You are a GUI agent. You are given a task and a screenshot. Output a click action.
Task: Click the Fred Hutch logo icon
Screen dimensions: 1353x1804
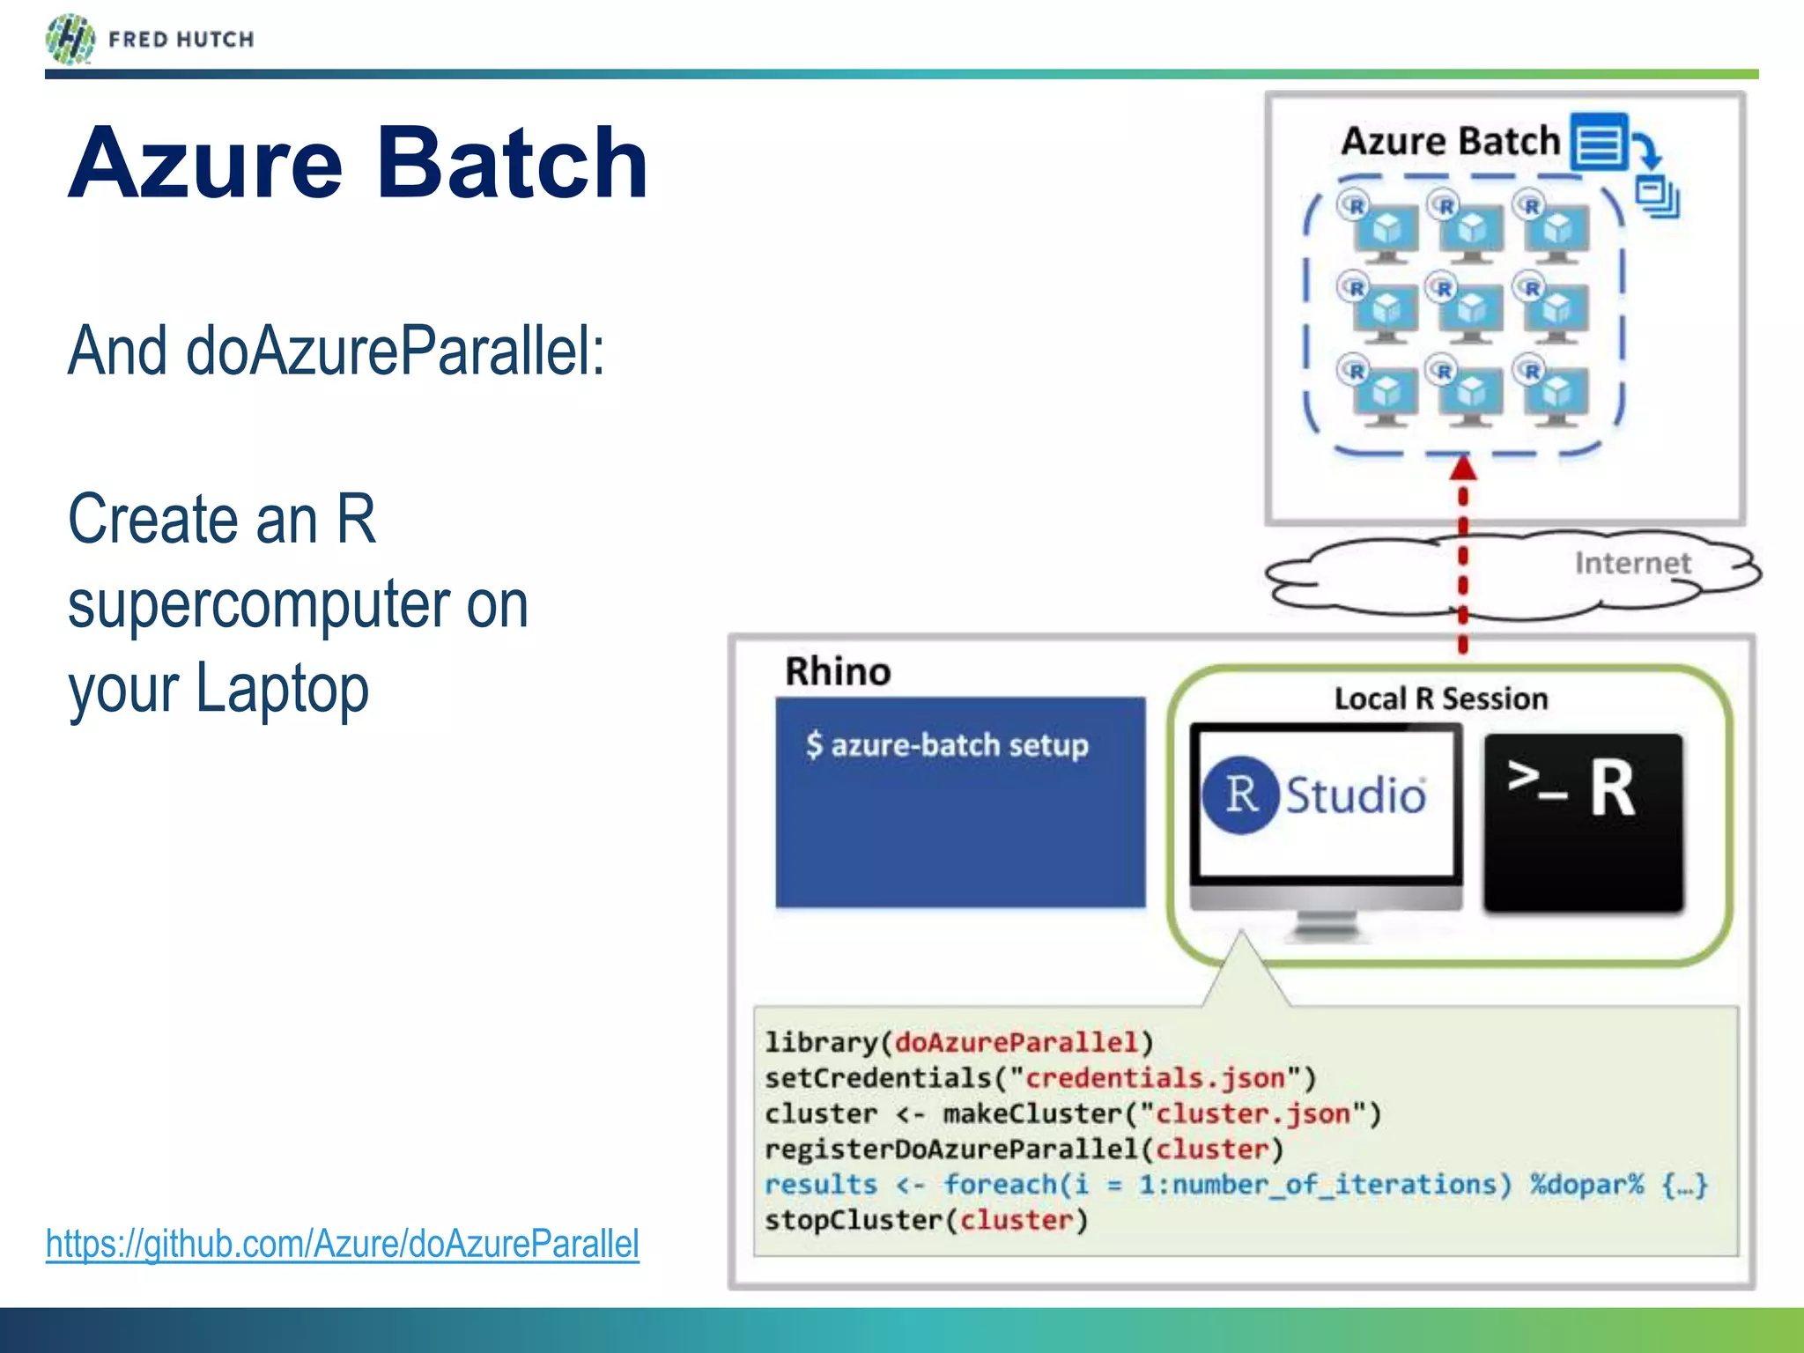pyautogui.click(x=70, y=40)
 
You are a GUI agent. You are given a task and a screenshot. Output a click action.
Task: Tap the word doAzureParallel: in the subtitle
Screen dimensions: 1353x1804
pyautogui.click(x=395, y=351)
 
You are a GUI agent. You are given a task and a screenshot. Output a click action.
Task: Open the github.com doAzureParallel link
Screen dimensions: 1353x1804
pyautogui.click(x=343, y=1244)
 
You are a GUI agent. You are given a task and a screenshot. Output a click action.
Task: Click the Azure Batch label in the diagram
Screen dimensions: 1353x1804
pyautogui.click(x=1449, y=141)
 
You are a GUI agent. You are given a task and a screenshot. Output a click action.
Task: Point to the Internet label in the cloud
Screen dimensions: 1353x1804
pyautogui.click(x=1632, y=563)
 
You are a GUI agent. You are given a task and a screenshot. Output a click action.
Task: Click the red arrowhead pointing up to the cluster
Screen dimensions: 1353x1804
pyautogui.click(x=1463, y=467)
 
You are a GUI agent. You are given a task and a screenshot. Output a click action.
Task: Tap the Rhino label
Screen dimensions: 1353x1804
pyautogui.click(x=838, y=672)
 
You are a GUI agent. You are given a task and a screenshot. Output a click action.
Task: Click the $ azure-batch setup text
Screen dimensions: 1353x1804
pyautogui.click(x=947, y=745)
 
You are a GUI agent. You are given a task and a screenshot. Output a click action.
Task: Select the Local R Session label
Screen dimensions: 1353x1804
pyautogui.click(x=1440, y=699)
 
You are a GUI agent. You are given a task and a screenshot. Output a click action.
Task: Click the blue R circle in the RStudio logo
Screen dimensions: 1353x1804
pyautogui.click(x=1240, y=795)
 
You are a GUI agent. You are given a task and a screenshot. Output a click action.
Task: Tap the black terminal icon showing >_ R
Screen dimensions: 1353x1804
pyautogui.click(x=1583, y=822)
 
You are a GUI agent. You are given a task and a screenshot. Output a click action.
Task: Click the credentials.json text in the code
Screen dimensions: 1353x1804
pyautogui.click(x=1155, y=1078)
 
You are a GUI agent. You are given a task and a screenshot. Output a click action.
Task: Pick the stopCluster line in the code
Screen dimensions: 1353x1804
pyautogui.click(x=926, y=1220)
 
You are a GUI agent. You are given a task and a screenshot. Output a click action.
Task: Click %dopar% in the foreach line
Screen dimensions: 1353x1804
pyautogui.click(x=1586, y=1185)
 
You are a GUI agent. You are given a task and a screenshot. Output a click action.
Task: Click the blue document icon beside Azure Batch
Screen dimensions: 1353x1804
pyautogui.click(x=1599, y=141)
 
